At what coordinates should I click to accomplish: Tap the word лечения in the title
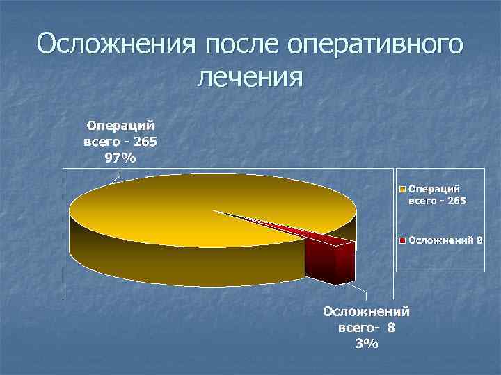tap(250, 76)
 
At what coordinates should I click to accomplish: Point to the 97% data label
tap(120, 158)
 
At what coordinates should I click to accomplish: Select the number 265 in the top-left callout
tap(144, 142)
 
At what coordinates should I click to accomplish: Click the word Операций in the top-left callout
tap(120, 126)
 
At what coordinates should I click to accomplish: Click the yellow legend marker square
tap(402, 188)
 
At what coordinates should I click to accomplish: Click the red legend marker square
tap(402, 240)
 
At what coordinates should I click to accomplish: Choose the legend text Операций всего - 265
tap(437, 194)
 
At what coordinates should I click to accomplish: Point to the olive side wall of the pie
tap(174, 264)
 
